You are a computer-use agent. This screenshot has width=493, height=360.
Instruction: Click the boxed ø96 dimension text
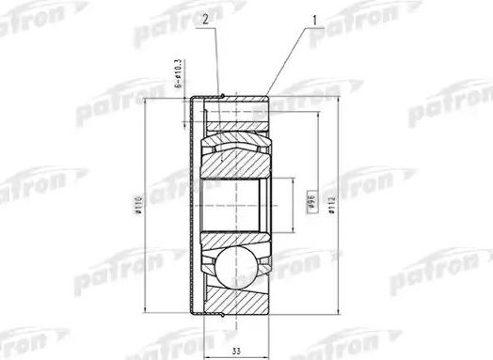[x=310, y=203]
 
